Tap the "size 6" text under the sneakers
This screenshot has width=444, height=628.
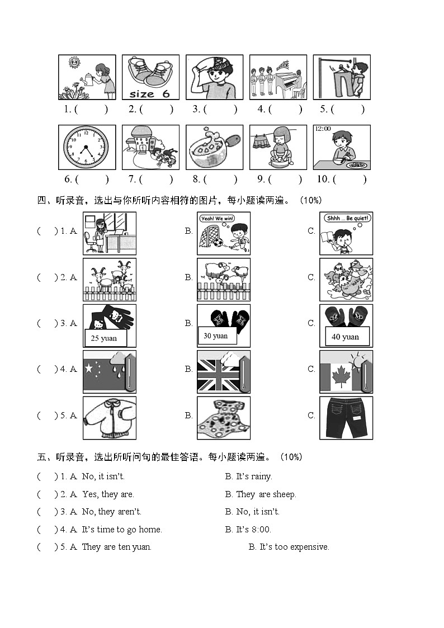pyautogui.click(x=149, y=94)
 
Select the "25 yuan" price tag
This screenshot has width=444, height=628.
pyautogui.click(x=105, y=338)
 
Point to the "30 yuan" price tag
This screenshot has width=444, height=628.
pyautogui.click(x=216, y=336)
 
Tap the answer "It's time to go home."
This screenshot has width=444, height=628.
pyautogui.click(x=121, y=530)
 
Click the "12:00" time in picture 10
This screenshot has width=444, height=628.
pyautogui.click(x=323, y=129)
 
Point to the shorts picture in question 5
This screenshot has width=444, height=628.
pyautogui.click(x=346, y=418)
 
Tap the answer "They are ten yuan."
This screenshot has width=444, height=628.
pyautogui.click(x=116, y=547)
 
